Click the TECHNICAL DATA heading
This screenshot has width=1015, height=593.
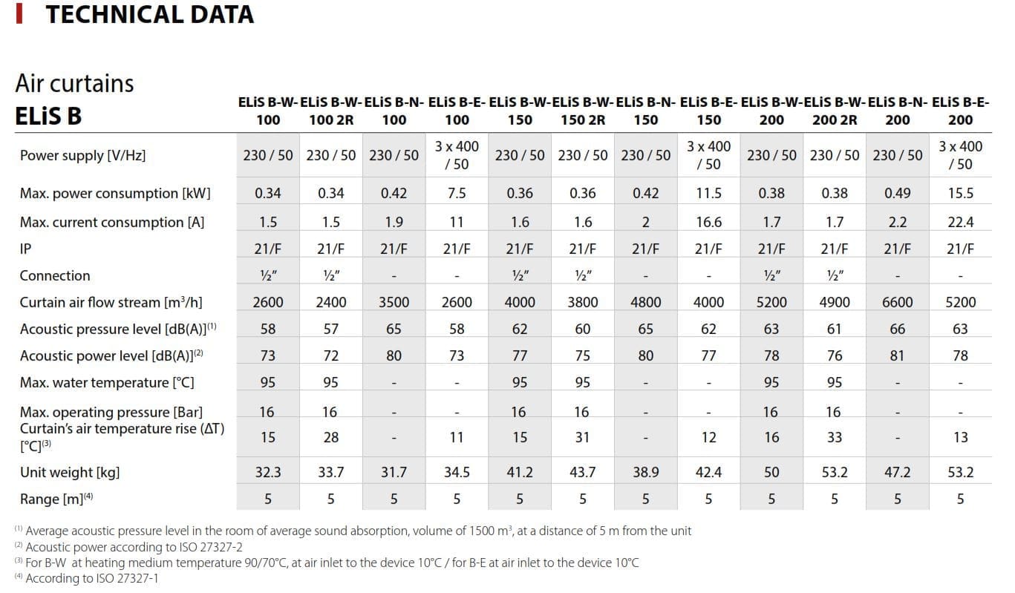[x=149, y=14]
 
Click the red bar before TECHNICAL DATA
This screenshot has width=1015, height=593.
[x=19, y=14]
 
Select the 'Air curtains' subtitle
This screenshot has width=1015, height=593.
[x=74, y=83]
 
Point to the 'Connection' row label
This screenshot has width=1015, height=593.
[x=55, y=275]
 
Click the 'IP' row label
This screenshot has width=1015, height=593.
[x=26, y=249]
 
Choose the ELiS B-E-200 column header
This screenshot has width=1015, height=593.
[x=960, y=111]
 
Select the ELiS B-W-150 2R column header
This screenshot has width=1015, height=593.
[x=583, y=111]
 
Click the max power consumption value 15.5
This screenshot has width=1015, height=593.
[x=960, y=193]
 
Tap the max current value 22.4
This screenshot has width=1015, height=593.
[x=960, y=222]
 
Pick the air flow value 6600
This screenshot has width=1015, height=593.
[x=898, y=302]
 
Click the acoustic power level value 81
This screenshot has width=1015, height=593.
[x=898, y=356]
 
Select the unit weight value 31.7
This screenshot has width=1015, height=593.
[x=394, y=472]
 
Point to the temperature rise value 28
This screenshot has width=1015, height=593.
[x=331, y=437]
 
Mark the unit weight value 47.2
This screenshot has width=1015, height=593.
[x=898, y=472]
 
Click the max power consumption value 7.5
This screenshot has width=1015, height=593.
[x=457, y=193]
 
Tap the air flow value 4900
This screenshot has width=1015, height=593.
[x=835, y=302]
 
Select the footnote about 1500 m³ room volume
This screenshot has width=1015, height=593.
[x=353, y=531]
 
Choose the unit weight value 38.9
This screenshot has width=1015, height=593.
[x=646, y=472]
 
